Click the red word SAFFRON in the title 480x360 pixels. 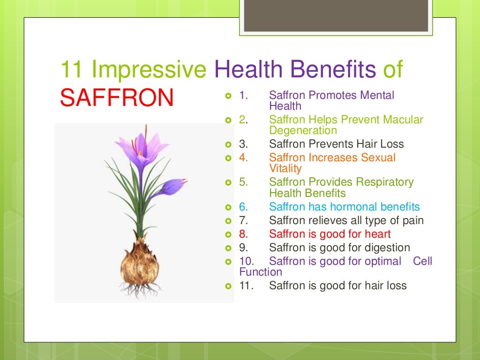point(117,97)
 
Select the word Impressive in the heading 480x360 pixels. point(149,69)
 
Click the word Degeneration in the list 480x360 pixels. point(303,130)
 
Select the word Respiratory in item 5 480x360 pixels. point(384,182)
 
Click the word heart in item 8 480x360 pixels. point(376,233)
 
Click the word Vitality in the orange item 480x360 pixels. point(285,168)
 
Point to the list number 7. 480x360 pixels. point(243,220)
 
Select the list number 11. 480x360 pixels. point(246,285)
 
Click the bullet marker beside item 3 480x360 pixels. point(228,144)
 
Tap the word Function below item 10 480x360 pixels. point(261,272)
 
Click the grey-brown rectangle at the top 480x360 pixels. point(337,16)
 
